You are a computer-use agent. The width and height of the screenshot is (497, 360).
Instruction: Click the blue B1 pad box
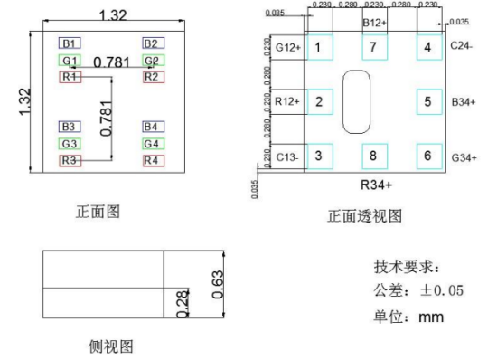click(70, 43)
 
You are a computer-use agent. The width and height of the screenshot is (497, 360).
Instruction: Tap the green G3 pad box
click(70, 143)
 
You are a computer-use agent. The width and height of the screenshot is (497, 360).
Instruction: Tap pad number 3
click(318, 155)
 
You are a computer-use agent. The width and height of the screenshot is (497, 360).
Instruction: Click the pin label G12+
click(287, 46)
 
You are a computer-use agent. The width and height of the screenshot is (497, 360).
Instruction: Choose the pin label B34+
click(464, 101)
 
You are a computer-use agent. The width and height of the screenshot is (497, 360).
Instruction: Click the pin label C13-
click(288, 156)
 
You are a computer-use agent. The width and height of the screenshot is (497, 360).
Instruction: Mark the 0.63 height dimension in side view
click(217, 283)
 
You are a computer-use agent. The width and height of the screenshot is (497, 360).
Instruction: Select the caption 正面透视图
click(365, 215)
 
